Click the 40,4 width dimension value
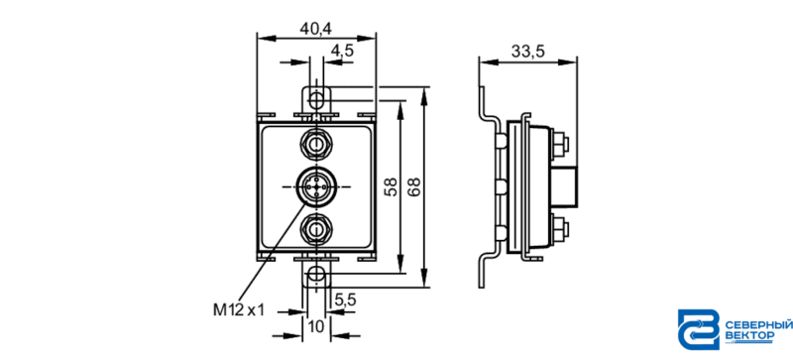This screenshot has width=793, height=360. [315, 29]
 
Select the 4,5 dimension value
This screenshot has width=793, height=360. [342, 51]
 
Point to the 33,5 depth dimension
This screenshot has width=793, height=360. [527, 52]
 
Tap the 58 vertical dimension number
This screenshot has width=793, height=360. [390, 186]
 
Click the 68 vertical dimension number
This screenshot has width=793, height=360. [413, 186]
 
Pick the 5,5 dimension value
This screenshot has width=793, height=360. [346, 300]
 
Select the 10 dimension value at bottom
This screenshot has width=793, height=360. [316, 327]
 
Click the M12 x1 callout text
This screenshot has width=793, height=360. [239, 309]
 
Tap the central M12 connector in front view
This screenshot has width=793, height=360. [316, 186]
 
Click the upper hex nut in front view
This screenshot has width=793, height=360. [316, 145]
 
